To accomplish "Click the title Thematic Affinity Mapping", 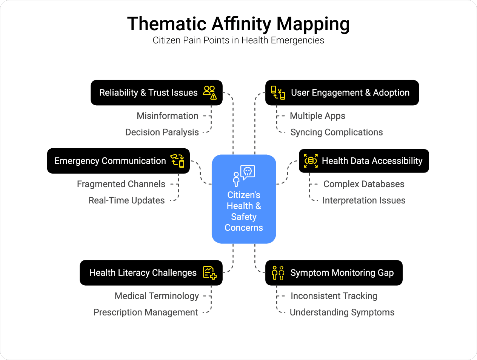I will click(x=238, y=24).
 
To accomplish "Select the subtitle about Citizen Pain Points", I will click(x=238, y=40).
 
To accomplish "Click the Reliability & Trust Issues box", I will click(x=156, y=93).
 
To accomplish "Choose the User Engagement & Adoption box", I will click(x=342, y=93).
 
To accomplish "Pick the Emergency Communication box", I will click(x=118, y=161).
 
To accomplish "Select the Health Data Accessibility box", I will click(x=364, y=161).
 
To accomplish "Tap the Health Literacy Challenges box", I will click(x=151, y=273).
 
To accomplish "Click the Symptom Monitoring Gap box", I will click(x=334, y=273).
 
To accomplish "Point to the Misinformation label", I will click(x=168, y=116).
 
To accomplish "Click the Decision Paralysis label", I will click(x=162, y=132).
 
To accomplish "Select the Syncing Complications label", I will click(x=337, y=132).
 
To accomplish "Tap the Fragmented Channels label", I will click(x=121, y=184).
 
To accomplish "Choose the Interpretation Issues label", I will click(x=364, y=201).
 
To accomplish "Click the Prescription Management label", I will click(x=146, y=312).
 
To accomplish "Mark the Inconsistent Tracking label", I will click(x=334, y=296).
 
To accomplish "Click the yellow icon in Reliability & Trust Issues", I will click(x=210, y=92).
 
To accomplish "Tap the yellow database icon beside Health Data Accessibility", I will click(x=311, y=161).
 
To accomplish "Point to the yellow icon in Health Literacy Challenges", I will click(x=209, y=272).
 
